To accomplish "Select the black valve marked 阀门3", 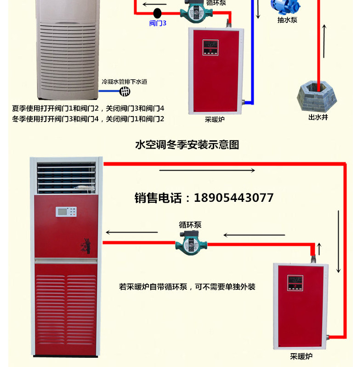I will pos(158,12).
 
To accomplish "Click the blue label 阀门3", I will pos(158,23).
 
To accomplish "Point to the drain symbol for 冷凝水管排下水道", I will pos(125,92).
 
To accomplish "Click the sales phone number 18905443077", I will pos(204,198).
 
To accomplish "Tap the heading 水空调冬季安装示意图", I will pos(187,145).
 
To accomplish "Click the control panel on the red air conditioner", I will pos(66,211).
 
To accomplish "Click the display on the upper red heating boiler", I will pos(212,47).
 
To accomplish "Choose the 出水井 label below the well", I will pos(318,117).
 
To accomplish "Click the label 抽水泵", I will pos(287,20).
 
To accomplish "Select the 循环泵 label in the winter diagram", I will pos(190,225).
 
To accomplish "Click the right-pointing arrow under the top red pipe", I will pos(207,171).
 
